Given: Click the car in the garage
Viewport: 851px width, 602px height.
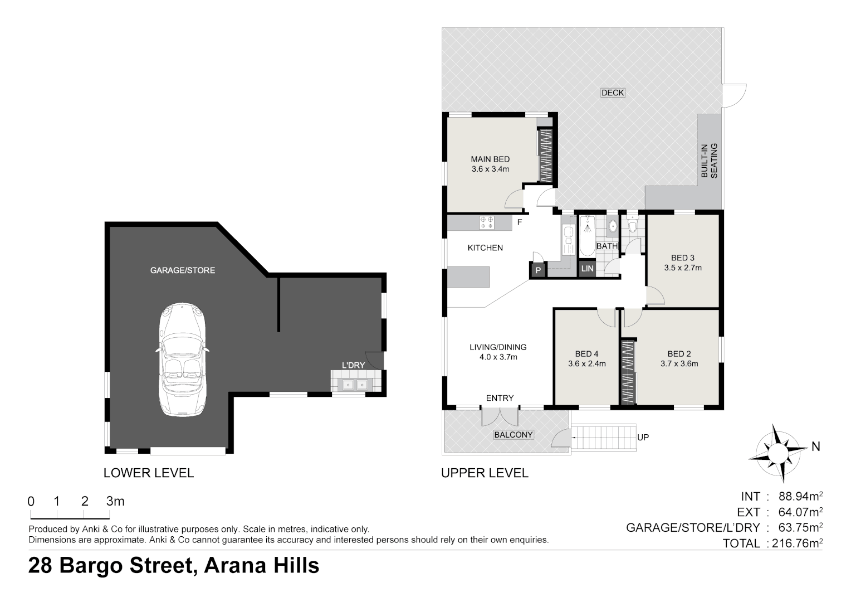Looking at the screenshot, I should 183,359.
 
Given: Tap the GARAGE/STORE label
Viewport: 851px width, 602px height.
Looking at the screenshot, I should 182,270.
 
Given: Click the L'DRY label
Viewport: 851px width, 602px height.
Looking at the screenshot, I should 353,365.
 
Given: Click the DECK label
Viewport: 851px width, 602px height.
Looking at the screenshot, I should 613,93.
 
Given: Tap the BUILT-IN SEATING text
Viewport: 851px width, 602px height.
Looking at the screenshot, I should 709,161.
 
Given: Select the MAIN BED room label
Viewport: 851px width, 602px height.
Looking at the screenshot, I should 490,159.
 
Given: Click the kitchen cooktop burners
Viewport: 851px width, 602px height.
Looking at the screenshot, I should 486,223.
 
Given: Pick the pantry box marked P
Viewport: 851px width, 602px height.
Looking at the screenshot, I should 537,271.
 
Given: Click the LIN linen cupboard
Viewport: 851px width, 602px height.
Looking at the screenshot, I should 587,269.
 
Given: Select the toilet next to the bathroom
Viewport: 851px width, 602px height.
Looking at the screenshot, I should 632,225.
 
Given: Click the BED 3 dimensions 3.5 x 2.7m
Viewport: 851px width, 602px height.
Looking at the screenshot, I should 682,268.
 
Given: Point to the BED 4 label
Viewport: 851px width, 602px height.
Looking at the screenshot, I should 586,354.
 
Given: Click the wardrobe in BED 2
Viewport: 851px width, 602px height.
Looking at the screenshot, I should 628,372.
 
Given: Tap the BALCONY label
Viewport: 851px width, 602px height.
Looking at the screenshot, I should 513,435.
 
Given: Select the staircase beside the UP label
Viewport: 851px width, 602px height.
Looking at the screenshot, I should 604,437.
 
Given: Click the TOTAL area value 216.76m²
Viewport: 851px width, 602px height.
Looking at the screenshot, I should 797,543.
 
